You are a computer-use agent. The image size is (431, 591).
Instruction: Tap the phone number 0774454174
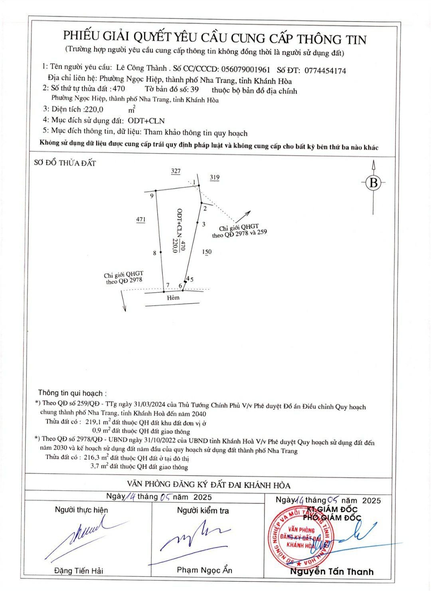pos(325,71)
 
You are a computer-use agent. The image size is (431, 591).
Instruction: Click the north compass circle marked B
pos(374,183)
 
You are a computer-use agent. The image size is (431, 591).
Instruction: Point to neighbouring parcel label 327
pos(176,171)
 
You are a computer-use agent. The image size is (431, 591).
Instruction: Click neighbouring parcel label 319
pos(215,177)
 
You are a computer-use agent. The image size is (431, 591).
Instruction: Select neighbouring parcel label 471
pos(141,219)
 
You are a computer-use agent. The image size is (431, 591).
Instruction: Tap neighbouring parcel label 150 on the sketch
pos(207,251)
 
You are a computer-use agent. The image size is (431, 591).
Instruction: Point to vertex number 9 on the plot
pos(152,196)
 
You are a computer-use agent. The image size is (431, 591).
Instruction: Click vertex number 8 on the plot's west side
pos(154,253)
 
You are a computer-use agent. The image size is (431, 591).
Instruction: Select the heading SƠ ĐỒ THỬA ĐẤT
pos(65,163)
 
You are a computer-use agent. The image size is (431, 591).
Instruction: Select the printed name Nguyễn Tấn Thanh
pos(332,571)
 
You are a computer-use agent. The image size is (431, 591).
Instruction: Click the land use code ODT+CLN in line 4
pos(146,120)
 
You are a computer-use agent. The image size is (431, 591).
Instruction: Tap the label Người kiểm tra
pos(203,510)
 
